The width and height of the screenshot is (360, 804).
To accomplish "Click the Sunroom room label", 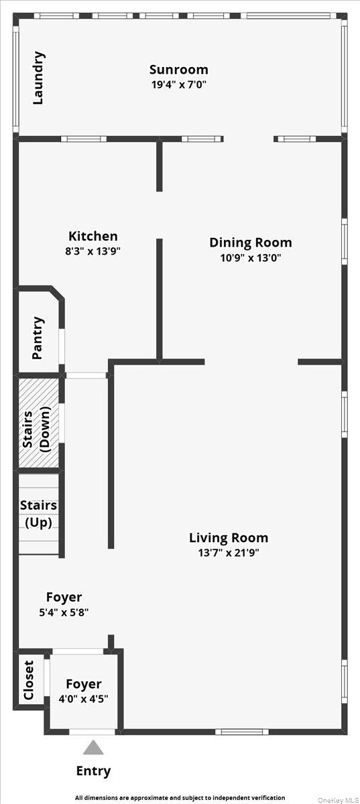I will point(178,70).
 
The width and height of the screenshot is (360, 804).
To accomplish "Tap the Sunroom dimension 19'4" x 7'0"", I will point(178,85).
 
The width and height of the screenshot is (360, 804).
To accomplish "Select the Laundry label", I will point(39,78).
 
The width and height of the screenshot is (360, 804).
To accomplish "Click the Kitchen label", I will point(93,236).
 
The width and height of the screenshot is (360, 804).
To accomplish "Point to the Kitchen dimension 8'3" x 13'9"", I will point(93,251).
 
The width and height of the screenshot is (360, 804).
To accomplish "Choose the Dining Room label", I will point(250,243).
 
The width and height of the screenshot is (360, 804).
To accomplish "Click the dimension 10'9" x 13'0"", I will point(250,258).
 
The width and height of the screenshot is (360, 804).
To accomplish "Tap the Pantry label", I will point(38,338).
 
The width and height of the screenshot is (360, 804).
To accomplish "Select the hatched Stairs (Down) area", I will point(38,423).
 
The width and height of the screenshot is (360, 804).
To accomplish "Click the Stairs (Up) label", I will point(38,514).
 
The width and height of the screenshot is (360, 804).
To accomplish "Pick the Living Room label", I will point(228,537).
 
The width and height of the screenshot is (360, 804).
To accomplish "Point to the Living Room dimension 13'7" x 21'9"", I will point(228,553).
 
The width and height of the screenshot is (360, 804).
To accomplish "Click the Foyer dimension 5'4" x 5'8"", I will point(64,612).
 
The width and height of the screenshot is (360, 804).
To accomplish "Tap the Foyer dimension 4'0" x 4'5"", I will point(83,699).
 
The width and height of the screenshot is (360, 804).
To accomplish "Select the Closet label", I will point(29,680).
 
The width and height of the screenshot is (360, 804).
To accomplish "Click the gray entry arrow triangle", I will point(93,747).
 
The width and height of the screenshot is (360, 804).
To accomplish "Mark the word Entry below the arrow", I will point(93,771).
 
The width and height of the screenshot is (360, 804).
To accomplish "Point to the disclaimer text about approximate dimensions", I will point(180,797).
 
